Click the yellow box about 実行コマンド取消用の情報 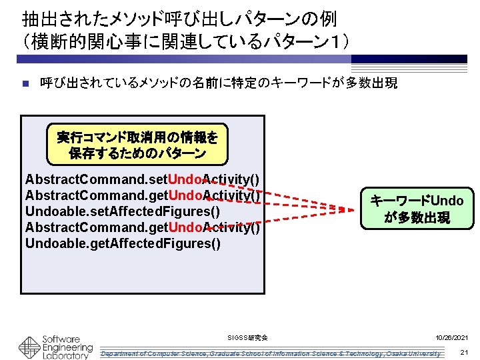point(137,145)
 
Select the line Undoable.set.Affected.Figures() point(123,212)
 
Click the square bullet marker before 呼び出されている point(25,84)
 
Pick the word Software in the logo point(61,339)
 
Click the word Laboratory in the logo point(65,355)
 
